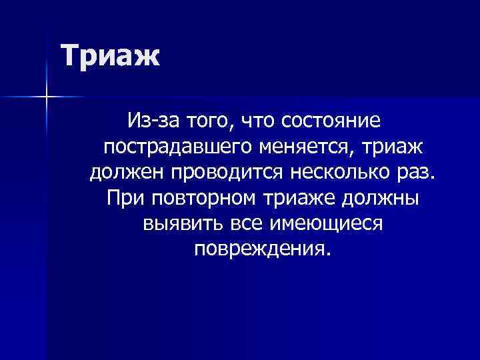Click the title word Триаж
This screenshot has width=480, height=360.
pyautogui.click(x=111, y=55)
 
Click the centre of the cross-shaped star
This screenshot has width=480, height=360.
pyautogui.click(x=47, y=97)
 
